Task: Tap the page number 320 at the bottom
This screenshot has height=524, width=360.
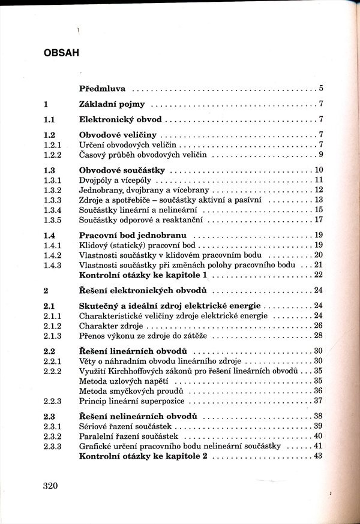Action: (x=53, y=485)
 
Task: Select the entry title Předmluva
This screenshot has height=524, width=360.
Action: (x=102, y=89)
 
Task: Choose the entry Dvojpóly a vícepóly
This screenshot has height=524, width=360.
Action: (x=114, y=179)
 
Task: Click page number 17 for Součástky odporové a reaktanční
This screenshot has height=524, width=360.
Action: (x=319, y=219)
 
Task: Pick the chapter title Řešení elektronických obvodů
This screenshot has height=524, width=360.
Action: (x=143, y=290)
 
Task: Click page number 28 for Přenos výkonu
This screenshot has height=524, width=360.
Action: (x=319, y=335)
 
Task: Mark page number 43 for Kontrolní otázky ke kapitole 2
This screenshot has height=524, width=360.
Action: (x=319, y=456)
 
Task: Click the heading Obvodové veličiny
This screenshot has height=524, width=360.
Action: (x=118, y=134)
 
